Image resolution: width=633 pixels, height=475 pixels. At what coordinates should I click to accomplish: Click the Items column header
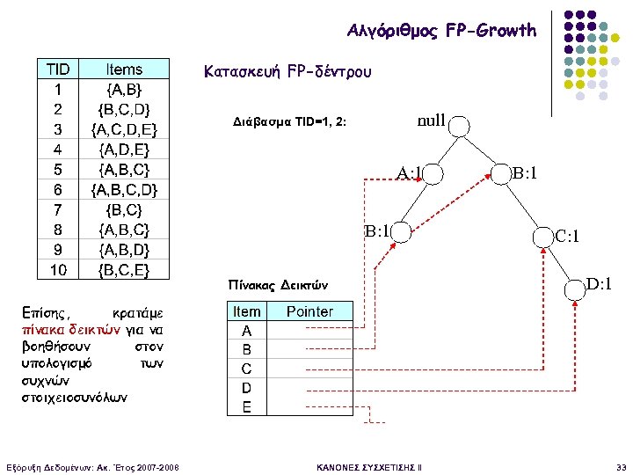(124, 69)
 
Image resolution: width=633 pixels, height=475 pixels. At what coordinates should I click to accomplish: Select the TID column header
(58, 69)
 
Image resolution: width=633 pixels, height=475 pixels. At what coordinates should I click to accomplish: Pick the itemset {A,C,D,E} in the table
(124, 129)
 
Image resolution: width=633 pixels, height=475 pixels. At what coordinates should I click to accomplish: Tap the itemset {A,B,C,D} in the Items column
(124, 189)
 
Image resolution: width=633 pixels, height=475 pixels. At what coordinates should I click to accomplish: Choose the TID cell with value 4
(58, 150)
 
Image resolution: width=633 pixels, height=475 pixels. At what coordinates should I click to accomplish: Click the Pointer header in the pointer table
(309, 311)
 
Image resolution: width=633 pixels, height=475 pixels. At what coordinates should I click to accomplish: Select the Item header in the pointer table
(247, 311)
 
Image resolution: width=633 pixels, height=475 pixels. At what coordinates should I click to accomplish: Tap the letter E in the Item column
(247, 406)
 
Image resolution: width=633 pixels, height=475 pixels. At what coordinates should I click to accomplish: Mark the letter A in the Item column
(247, 331)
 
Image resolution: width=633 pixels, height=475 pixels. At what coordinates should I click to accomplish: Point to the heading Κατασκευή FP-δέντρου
(287, 70)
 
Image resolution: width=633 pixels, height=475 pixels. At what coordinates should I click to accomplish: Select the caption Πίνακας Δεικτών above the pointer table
(278, 285)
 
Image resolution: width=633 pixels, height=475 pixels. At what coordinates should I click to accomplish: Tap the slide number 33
(622, 465)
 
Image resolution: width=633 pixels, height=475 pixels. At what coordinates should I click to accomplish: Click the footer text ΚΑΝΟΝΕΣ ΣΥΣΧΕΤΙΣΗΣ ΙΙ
(368, 465)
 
